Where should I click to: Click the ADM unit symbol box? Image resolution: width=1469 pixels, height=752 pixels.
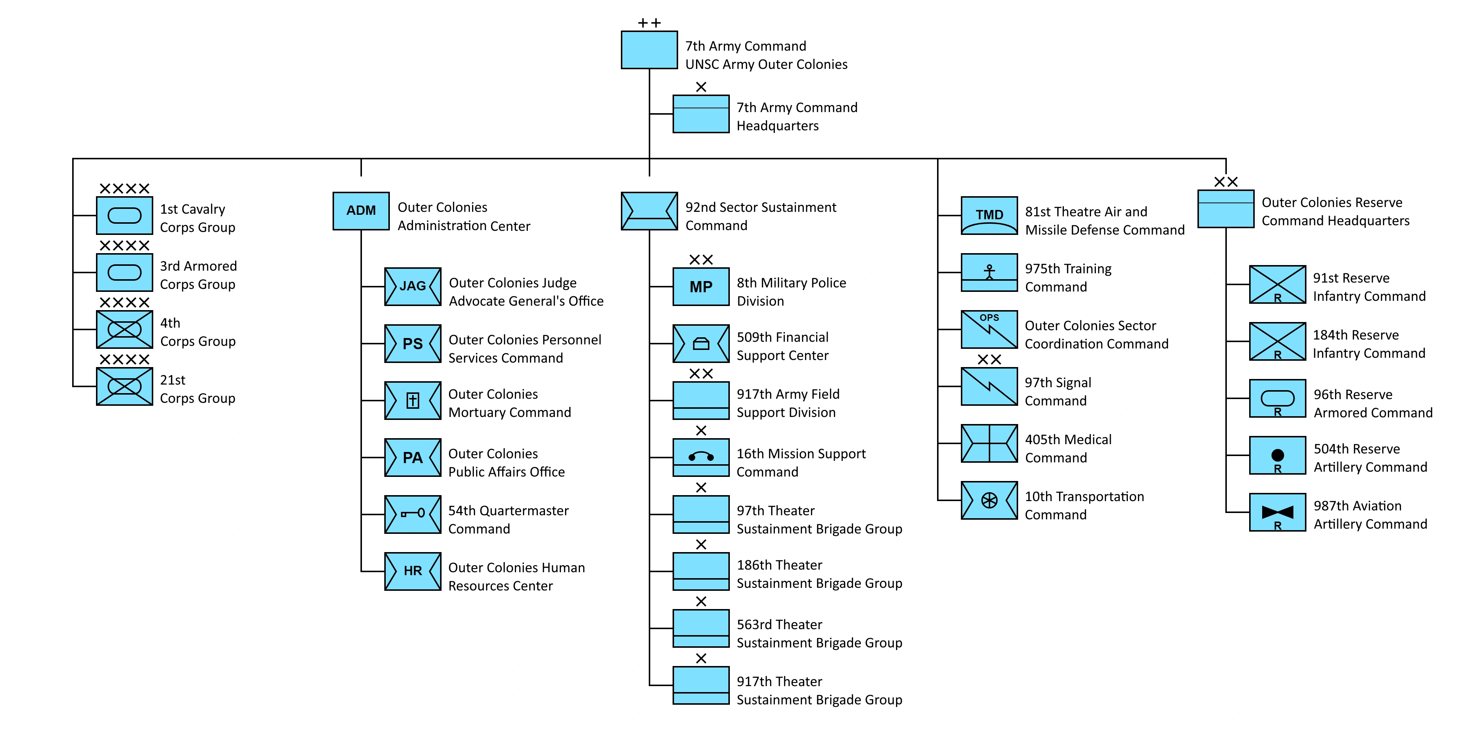point(361,211)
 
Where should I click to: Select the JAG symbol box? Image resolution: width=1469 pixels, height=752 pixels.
point(412,286)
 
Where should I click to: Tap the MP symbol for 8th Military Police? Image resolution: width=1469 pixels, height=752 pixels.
point(701,286)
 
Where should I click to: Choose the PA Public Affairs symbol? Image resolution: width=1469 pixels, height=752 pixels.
point(412,458)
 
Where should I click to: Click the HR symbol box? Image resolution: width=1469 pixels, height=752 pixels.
point(412,571)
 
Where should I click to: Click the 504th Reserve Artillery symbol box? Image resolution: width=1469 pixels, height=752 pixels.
point(1277,455)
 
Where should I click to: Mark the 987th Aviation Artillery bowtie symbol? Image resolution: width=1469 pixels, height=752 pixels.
point(1277,512)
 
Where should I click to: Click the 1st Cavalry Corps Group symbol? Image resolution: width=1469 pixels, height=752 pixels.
point(124,216)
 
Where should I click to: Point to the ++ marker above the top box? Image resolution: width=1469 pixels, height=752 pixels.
point(649,23)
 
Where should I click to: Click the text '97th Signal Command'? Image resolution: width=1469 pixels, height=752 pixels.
point(1058,391)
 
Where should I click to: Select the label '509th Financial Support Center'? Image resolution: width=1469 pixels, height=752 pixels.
point(782,346)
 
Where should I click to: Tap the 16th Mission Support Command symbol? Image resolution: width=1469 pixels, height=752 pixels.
point(701,458)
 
